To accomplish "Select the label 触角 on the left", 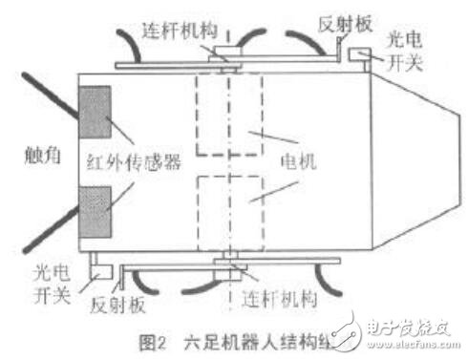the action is click(39, 150).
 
